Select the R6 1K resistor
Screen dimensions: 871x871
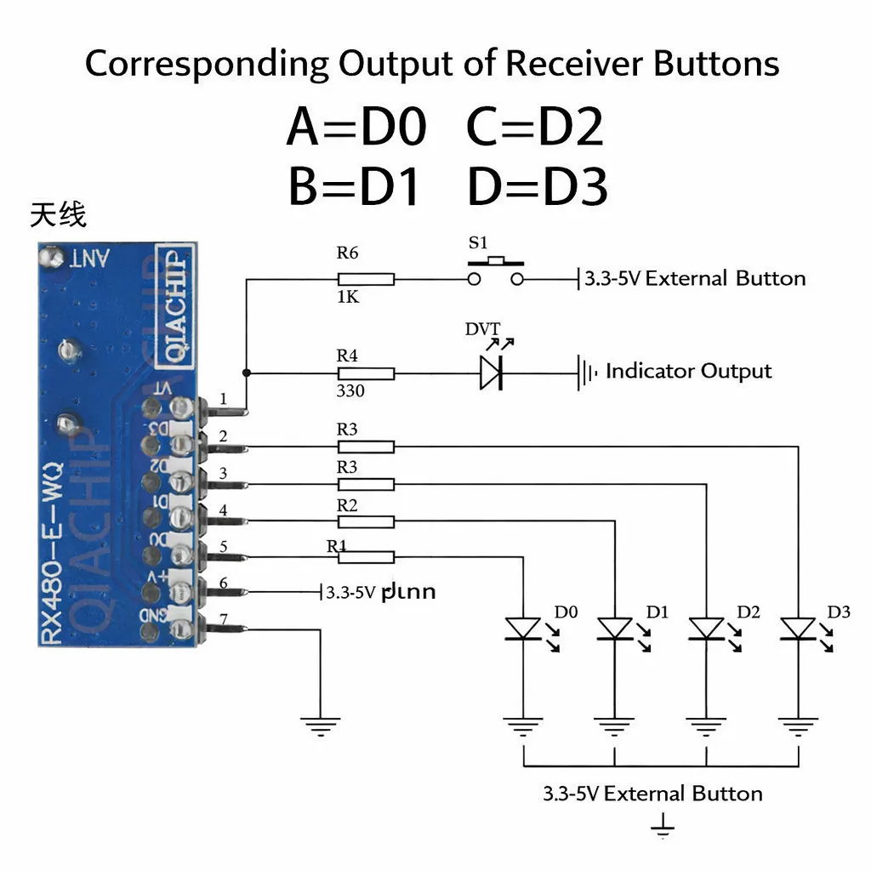point(366,279)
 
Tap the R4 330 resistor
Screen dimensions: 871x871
point(366,373)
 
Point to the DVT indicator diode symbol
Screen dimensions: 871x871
point(491,373)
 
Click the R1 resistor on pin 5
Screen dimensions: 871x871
point(366,557)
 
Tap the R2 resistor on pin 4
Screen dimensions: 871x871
point(366,520)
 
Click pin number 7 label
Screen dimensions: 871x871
point(223,619)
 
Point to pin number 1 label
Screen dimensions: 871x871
point(223,398)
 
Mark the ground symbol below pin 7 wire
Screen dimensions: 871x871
point(321,725)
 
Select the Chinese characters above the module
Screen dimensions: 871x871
point(58,214)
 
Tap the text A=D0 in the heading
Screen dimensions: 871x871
point(356,128)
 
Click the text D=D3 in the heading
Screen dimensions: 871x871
point(538,188)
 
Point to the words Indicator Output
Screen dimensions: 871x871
point(688,371)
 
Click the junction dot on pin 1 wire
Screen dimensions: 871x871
point(247,373)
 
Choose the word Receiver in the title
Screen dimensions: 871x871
point(563,64)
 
